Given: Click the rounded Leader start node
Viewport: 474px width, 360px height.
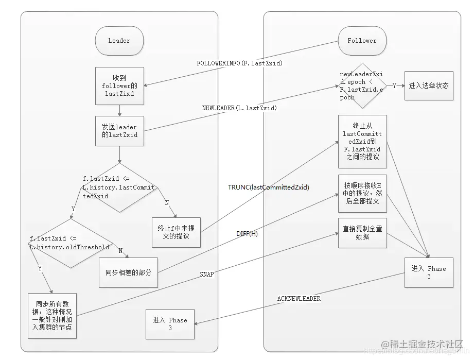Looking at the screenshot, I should click(x=119, y=41).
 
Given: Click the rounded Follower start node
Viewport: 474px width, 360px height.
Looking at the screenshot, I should click(x=362, y=41).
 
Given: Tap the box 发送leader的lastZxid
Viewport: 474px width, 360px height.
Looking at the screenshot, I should click(x=119, y=131).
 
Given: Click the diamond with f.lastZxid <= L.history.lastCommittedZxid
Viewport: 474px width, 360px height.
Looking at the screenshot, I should click(x=119, y=187).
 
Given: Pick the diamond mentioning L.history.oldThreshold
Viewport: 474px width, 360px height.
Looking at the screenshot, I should click(x=69, y=243).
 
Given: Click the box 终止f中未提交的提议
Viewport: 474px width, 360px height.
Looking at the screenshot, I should click(x=176, y=232).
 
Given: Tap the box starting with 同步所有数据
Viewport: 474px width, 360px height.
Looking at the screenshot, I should click(x=53, y=316).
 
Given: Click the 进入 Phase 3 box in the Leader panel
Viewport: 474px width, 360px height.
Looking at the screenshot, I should click(x=170, y=324).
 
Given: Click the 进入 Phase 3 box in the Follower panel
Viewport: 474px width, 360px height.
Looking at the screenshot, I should click(x=429, y=272).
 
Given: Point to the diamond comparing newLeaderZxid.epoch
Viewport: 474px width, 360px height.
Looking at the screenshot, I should click(x=362, y=86).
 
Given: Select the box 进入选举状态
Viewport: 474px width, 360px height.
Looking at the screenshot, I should click(x=429, y=85).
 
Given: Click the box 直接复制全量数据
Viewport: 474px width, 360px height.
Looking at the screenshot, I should click(x=362, y=233).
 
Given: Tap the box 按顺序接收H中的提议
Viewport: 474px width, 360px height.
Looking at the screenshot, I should click(x=362, y=194).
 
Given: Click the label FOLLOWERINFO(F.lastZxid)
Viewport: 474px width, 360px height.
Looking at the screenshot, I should click(x=239, y=63).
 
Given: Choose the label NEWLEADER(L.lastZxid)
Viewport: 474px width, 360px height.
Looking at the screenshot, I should click(x=239, y=108).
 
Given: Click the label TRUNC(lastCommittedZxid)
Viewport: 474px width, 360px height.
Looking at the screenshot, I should click(x=269, y=187).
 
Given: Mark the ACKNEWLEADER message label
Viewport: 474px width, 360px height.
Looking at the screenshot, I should click(x=299, y=298).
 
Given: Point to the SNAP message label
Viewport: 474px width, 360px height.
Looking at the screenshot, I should click(x=206, y=275).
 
